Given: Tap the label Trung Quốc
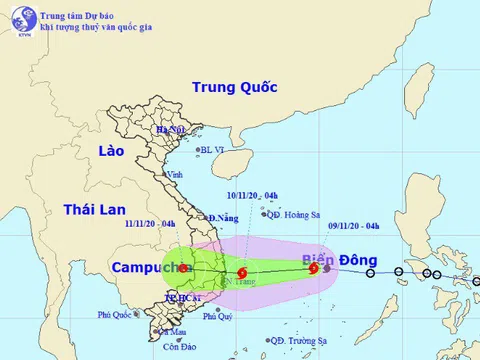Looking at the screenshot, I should tap(235, 87).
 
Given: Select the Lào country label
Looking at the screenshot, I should tap(110, 150).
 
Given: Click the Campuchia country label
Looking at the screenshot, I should tap(149, 267).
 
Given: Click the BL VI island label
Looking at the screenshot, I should tap(213, 150).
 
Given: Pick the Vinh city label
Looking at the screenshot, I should tap(176, 174).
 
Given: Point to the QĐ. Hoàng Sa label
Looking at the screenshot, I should tap(292, 214).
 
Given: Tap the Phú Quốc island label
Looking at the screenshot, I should tap(116, 314).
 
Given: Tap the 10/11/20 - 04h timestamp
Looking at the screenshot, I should tap(249, 195).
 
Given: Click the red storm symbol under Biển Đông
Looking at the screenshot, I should tap(314, 268).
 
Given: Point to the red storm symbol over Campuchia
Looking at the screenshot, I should tap(182, 268).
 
